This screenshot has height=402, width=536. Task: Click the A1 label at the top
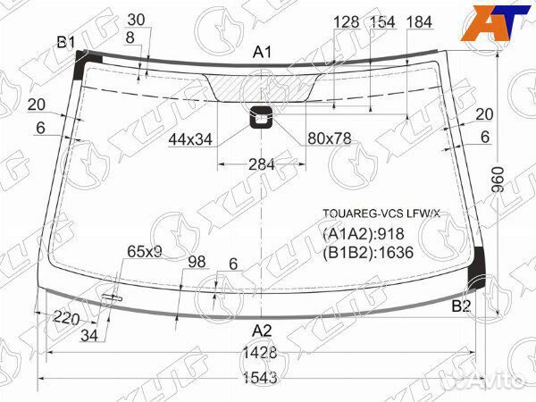pos(262,53)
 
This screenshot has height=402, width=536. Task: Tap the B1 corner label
pos(65,43)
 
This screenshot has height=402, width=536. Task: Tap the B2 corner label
pos(461,306)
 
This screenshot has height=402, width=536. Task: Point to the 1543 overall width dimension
pos(258,378)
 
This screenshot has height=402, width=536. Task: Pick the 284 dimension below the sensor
pos(262,164)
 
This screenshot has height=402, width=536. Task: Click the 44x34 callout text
pos(189,138)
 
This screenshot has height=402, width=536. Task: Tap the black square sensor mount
pos(263,115)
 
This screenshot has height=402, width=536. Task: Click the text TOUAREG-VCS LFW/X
pos(381,214)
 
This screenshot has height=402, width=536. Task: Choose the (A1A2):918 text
pos(364,234)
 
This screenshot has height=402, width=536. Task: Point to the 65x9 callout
pos(144,253)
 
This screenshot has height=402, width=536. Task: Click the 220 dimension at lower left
pos(66,319)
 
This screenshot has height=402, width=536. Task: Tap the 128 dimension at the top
pos(347,22)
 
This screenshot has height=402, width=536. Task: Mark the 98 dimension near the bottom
pos(197,262)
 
